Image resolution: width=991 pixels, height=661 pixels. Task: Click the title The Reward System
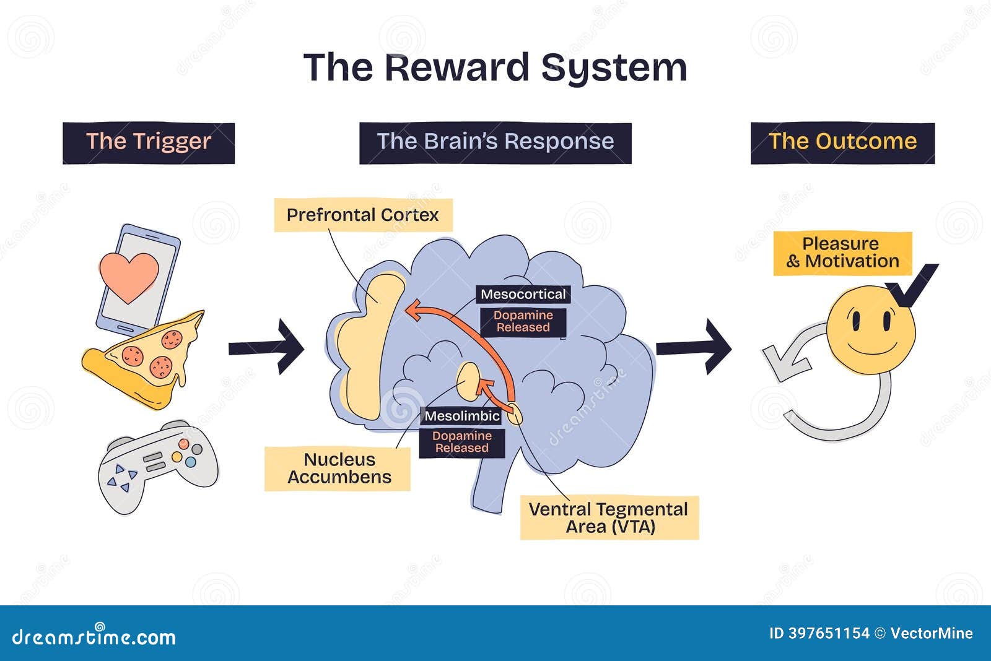pos(495,67)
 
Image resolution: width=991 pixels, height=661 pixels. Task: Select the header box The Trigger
pos(149,142)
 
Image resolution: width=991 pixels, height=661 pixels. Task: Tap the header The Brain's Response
pos(495,142)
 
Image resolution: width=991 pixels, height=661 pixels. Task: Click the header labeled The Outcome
pos(842,142)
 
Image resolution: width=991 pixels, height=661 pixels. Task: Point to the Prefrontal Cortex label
pos(363,215)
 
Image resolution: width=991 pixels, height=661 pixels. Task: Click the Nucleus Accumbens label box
pos(338,469)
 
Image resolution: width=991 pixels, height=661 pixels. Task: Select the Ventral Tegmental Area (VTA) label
pos(609,518)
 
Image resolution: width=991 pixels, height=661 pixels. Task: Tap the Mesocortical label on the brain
pos(523,295)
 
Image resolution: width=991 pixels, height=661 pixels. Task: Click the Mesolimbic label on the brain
pos(462,416)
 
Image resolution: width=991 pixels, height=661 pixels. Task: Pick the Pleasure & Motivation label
pos(842,253)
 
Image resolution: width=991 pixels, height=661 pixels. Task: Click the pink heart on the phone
pos(129,276)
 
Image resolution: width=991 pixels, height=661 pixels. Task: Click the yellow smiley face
pos(870,330)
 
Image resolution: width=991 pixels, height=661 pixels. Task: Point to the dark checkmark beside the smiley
pos(911,284)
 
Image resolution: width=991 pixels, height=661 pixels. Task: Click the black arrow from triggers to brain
pos(266,348)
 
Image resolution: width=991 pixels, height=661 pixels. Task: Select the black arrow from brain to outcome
pos(694,348)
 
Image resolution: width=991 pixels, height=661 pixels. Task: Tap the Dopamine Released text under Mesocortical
pos(523,322)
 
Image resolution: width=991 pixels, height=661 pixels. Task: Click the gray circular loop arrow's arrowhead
pos(782,363)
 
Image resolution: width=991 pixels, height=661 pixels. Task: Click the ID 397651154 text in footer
pos(819,633)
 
